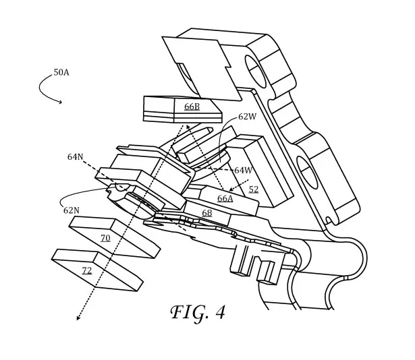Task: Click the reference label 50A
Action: (x=61, y=72)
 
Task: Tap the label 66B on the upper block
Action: (x=192, y=107)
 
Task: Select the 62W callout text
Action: (x=247, y=117)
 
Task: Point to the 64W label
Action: (x=243, y=170)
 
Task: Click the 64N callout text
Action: (x=75, y=157)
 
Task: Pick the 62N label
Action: (x=72, y=210)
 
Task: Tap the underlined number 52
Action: (x=254, y=189)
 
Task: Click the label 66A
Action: (x=225, y=198)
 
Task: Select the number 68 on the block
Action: (x=206, y=213)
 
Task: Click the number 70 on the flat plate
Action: (x=105, y=239)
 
